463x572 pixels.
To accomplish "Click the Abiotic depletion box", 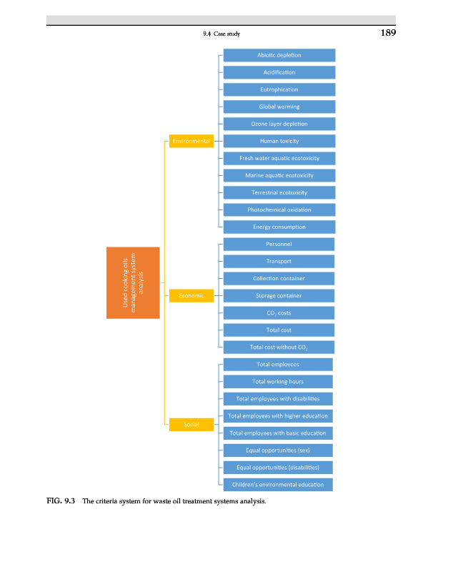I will coord(279,55).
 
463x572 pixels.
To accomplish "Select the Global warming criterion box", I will coord(279,107).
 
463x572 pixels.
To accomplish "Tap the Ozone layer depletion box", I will coord(279,124).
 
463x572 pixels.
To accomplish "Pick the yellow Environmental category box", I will coord(191,141).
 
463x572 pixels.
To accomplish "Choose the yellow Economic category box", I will coord(191,295).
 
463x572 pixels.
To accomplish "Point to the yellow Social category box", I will coord(191,424).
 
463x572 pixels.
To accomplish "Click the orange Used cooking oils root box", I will coord(133,282).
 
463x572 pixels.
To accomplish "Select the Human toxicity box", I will coord(279,141).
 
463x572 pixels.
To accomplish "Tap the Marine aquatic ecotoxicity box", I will coord(279,175).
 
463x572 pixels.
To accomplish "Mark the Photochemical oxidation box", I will coord(279,209).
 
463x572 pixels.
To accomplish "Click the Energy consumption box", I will coord(279,227).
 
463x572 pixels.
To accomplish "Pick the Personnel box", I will coord(279,244).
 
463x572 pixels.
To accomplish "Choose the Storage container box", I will coord(279,295).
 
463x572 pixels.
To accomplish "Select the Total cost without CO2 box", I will coord(279,347).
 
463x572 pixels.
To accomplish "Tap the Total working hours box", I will coord(279,381).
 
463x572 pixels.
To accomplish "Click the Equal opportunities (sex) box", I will coord(279,450).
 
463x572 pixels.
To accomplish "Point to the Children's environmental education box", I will coord(279,484).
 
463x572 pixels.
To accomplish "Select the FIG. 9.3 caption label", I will coord(56,501).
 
